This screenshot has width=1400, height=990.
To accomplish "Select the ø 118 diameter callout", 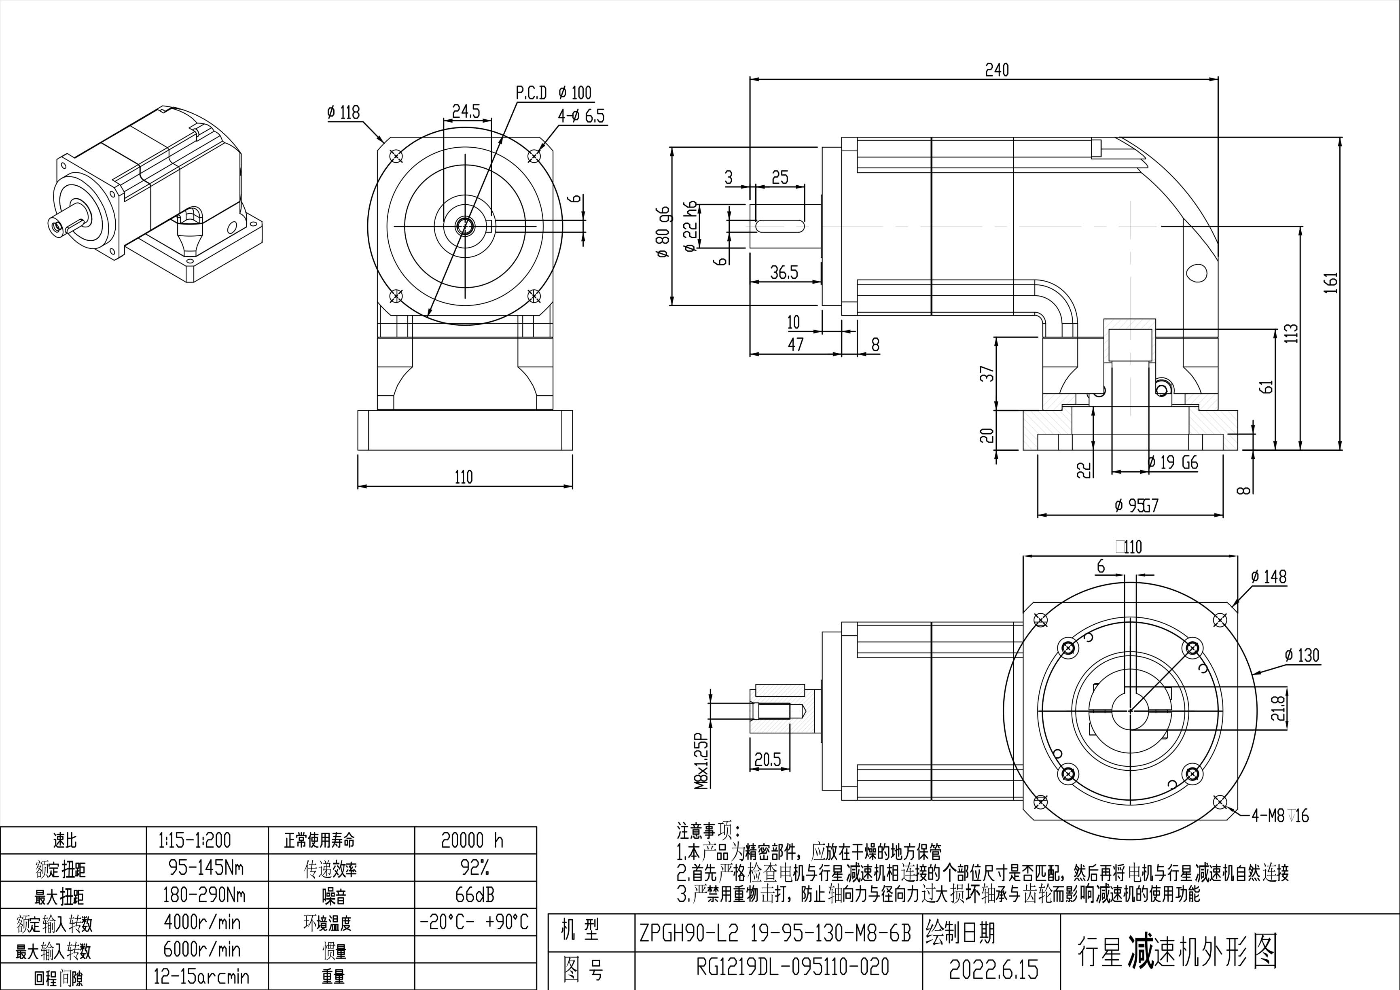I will pyautogui.click(x=343, y=112).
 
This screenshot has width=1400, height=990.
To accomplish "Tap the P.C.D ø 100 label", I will pyautogui.click(x=554, y=93).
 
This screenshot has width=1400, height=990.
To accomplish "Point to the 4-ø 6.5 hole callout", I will pyautogui.click(x=580, y=116).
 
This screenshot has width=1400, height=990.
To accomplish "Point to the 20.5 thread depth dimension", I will pyautogui.click(x=768, y=759).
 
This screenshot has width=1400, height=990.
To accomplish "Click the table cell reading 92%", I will pyautogui.click(x=475, y=867).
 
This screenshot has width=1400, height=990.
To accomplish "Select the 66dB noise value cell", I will pyautogui.click(x=475, y=895).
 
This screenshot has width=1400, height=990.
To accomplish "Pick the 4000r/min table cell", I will pyautogui.click(x=202, y=922).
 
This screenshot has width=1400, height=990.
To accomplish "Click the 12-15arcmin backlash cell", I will pyautogui.click(x=202, y=977).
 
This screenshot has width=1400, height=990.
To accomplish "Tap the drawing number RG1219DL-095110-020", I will pyautogui.click(x=793, y=967).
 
